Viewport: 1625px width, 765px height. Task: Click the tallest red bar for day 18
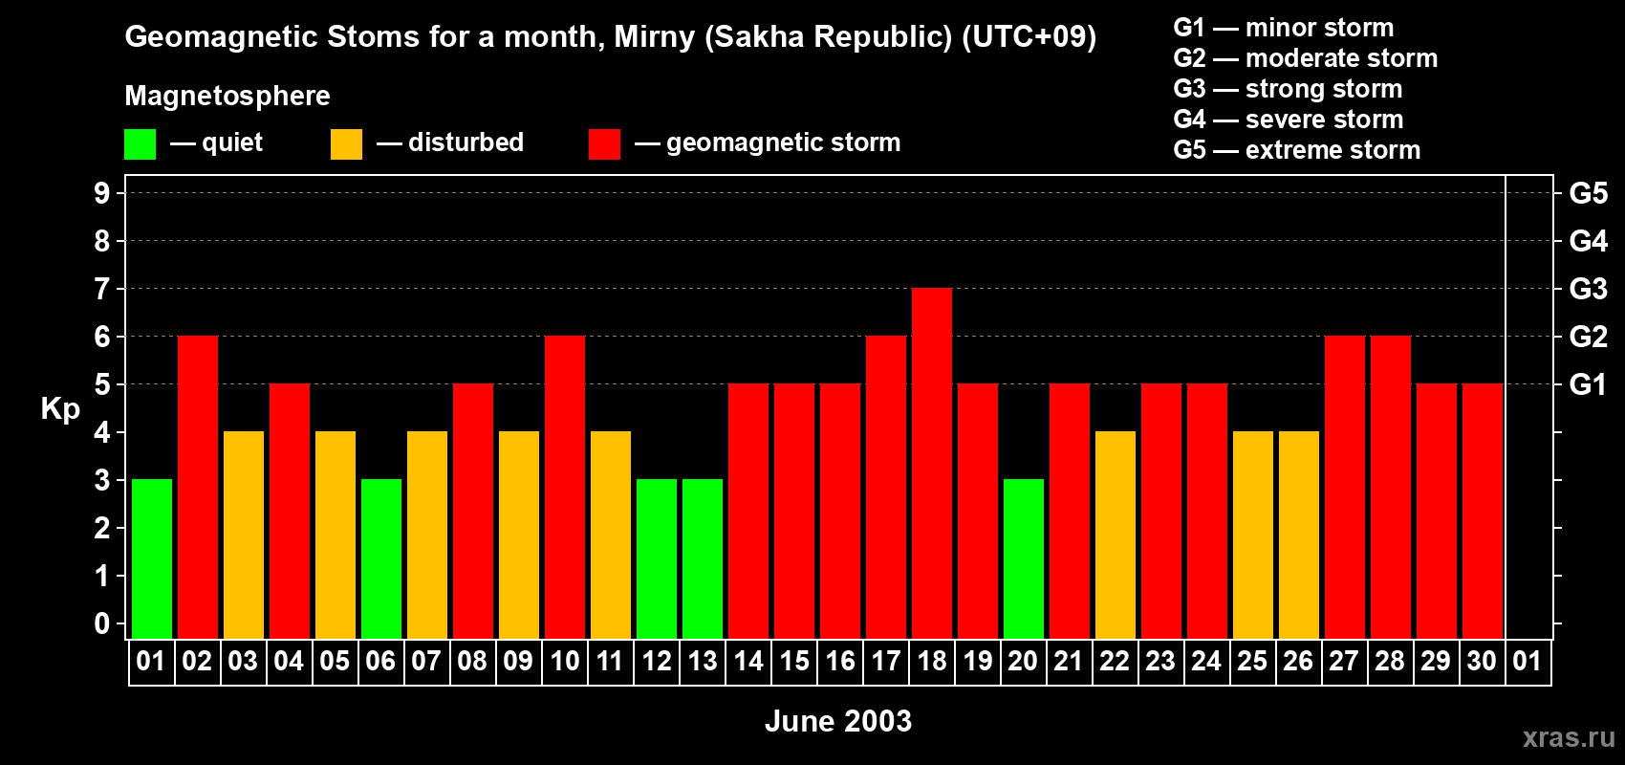(931, 463)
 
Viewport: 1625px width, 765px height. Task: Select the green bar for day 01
(152, 558)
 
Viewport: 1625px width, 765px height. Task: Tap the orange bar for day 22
(1115, 535)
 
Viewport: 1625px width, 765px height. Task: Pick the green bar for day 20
(1024, 558)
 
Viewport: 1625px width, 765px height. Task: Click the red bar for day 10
(564, 487)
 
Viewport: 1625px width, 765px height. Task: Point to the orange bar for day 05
(336, 535)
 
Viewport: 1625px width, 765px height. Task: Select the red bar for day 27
(1344, 487)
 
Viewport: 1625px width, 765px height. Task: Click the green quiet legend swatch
(140, 143)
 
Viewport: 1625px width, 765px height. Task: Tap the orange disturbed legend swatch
(346, 143)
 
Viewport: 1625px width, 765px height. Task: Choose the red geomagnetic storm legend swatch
(604, 143)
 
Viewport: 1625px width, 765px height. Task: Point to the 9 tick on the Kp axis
(101, 193)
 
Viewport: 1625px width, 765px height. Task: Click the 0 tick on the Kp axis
(101, 623)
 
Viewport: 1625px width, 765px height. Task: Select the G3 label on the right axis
(1588, 289)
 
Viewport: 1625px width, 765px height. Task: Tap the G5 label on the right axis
(1588, 193)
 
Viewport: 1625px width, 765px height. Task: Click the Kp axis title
(60, 409)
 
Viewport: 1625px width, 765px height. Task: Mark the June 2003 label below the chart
(838, 721)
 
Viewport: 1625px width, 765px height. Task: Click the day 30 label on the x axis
(1482, 661)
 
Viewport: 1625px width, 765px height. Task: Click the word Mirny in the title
(655, 37)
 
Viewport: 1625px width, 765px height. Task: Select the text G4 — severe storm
(1288, 119)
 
